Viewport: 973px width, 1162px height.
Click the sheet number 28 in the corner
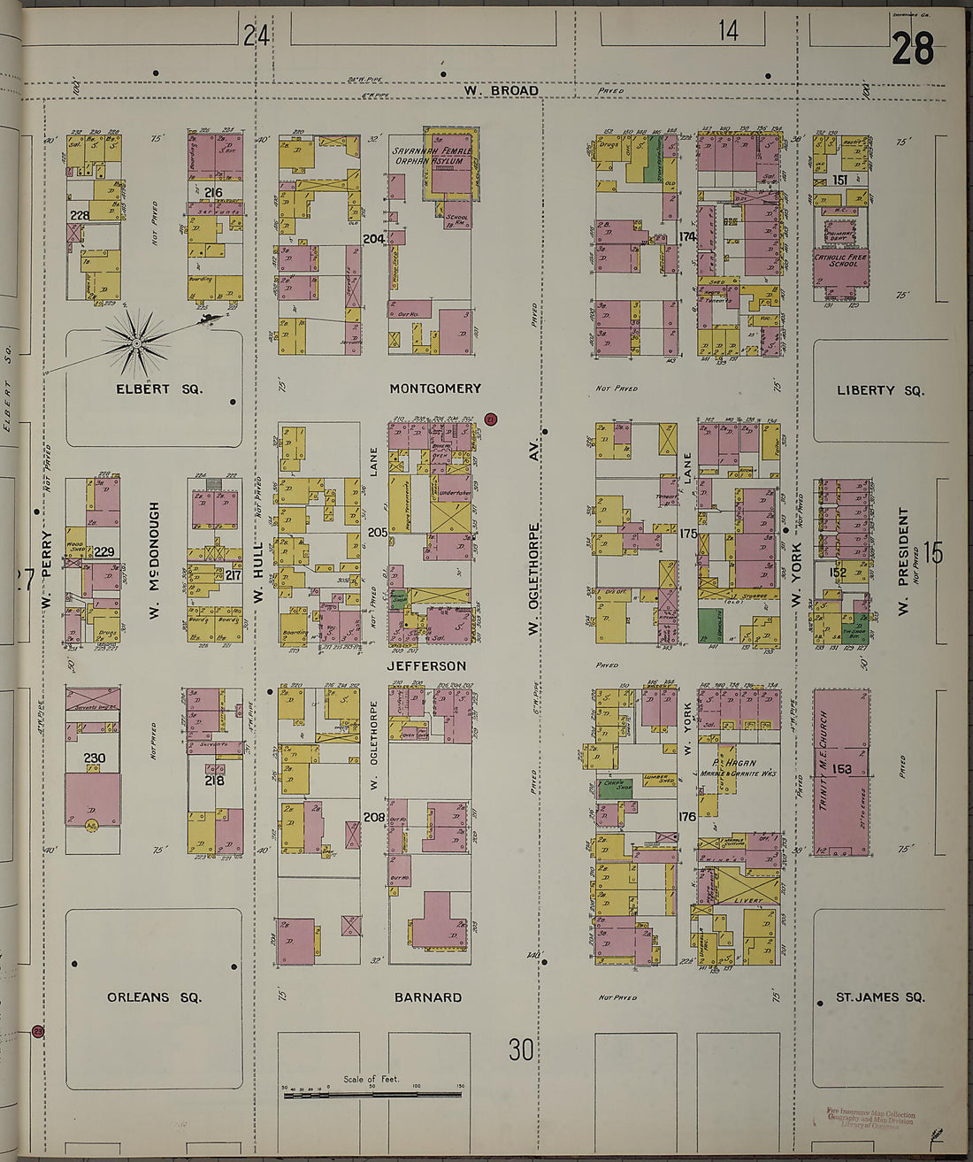pyautogui.click(x=912, y=49)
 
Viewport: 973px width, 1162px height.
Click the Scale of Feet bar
pyautogui.click(x=372, y=1095)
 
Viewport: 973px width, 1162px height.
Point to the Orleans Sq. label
pyautogui.click(x=154, y=997)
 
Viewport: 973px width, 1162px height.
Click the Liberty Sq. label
pyautogui.click(x=880, y=390)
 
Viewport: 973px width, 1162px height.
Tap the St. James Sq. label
pyautogui.click(x=880, y=997)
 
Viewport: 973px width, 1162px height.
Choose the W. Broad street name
pyautogui.click(x=502, y=90)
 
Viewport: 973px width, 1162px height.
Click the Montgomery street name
pyautogui.click(x=435, y=389)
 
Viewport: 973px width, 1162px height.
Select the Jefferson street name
pyautogui.click(x=426, y=666)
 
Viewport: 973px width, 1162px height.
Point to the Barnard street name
pyautogui.click(x=428, y=997)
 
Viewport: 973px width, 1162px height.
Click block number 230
pyautogui.click(x=95, y=758)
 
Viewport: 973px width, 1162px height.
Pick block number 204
pyautogui.click(x=374, y=238)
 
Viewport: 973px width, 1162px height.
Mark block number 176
pyautogui.click(x=687, y=817)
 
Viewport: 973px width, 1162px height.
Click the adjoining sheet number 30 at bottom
pyautogui.click(x=521, y=1050)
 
